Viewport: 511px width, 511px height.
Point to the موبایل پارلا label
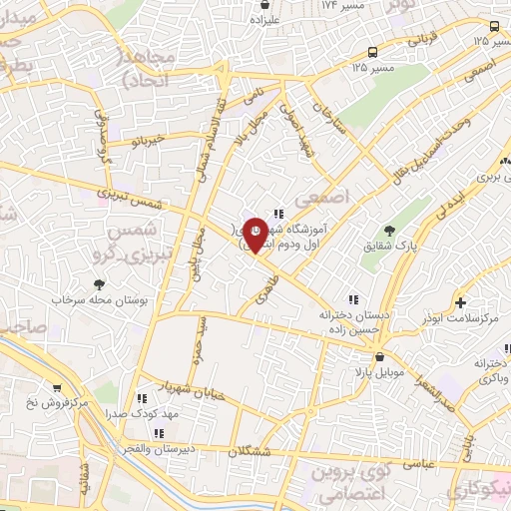point(379,372)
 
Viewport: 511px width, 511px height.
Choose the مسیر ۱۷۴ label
point(343,6)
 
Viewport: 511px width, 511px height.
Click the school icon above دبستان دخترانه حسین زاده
point(351,299)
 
